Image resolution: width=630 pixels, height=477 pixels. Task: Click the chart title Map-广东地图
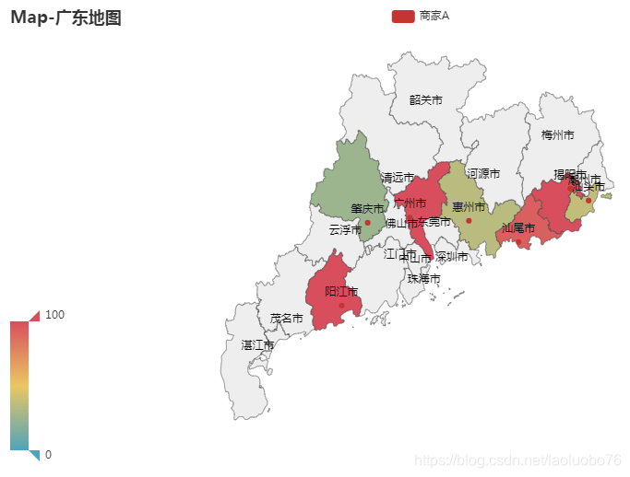click(x=65, y=17)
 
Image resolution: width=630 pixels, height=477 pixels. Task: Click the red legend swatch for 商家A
click(x=402, y=16)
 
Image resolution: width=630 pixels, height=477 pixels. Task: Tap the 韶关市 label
click(x=425, y=99)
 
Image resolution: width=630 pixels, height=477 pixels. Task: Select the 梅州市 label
click(x=557, y=135)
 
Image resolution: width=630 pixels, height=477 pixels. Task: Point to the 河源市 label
click(x=483, y=173)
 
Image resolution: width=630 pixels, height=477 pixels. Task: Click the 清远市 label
click(x=398, y=177)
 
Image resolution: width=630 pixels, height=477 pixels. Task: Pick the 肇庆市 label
click(x=366, y=209)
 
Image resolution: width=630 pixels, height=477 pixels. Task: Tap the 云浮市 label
click(x=345, y=229)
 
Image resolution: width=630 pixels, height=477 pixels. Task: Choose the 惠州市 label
click(x=468, y=207)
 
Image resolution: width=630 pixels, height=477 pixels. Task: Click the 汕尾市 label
click(x=517, y=227)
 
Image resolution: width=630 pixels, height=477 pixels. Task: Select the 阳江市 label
click(x=341, y=292)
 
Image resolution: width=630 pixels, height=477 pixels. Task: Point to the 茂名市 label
click(x=286, y=319)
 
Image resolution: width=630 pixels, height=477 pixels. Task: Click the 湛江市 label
click(x=257, y=345)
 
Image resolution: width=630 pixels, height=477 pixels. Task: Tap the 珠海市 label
click(x=423, y=278)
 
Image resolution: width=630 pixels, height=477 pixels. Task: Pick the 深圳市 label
click(x=451, y=256)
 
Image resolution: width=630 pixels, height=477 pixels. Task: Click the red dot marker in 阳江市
click(x=341, y=306)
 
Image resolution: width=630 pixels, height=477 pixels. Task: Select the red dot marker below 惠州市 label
click(x=469, y=220)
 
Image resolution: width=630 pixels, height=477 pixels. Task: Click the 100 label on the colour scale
click(x=54, y=315)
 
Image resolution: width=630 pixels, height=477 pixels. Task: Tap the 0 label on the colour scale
click(x=48, y=454)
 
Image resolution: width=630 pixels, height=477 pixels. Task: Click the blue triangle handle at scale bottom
click(x=35, y=455)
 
